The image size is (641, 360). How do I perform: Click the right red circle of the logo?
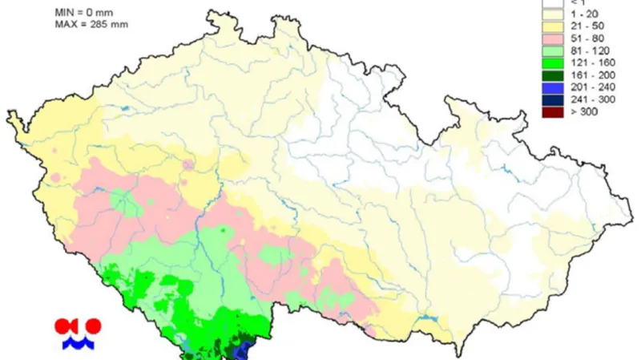[94, 326]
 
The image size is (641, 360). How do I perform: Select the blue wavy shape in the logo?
[79, 343]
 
